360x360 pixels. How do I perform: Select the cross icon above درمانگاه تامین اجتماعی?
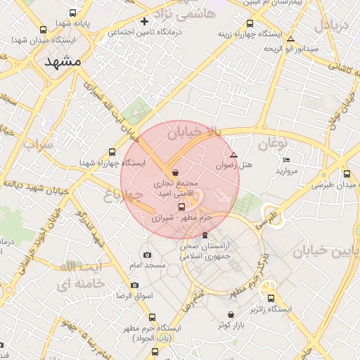point(145,21)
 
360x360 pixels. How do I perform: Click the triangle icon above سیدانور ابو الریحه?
point(291,38)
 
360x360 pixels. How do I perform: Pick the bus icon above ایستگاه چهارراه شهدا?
point(112,152)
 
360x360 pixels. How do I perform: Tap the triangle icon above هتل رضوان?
point(234,155)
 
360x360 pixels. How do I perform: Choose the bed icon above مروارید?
point(286,160)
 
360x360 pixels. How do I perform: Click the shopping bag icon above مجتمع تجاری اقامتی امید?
point(175,172)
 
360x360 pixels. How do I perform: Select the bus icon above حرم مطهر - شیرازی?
point(182,207)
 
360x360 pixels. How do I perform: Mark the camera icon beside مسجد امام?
point(147,255)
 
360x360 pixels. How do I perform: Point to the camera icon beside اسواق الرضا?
point(135,286)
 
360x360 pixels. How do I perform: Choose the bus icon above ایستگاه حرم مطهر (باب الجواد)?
point(153,317)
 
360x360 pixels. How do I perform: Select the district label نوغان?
point(274,144)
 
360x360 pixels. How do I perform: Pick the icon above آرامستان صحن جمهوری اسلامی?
point(205,234)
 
